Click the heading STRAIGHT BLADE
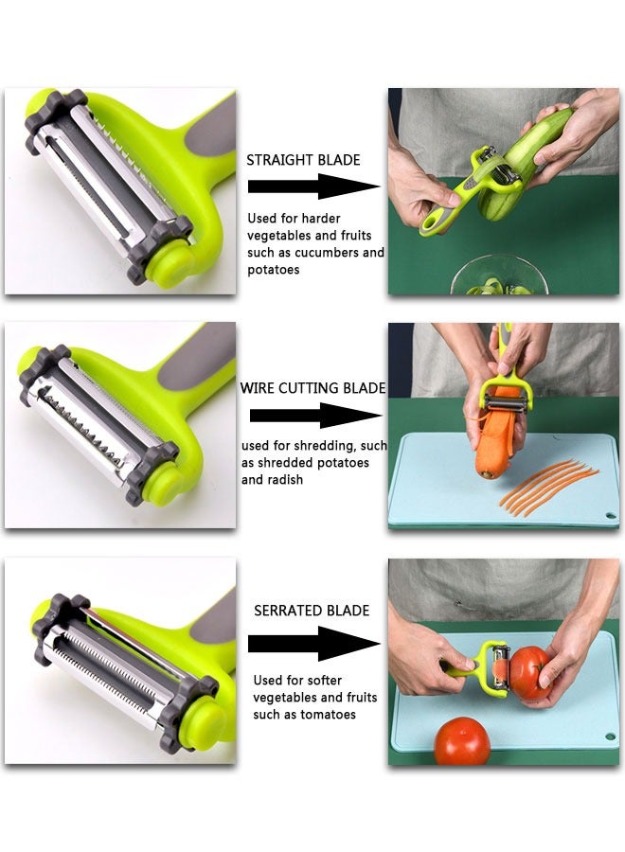pyautogui.click(x=303, y=160)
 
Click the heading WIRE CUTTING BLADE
pyautogui.click(x=312, y=388)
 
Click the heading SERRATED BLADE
pyautogui.click(x=312, y=611)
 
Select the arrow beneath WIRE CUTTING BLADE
pyautogui.click(x=315, y=415)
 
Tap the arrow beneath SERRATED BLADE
pyautogui.click(x=313, y=644)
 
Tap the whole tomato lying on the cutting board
pyautogui.click(x=462, y=740)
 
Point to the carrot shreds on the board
pyautogui.click(x=549, y=488)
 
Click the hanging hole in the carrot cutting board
pyautogui.click(x=610, y=518)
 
